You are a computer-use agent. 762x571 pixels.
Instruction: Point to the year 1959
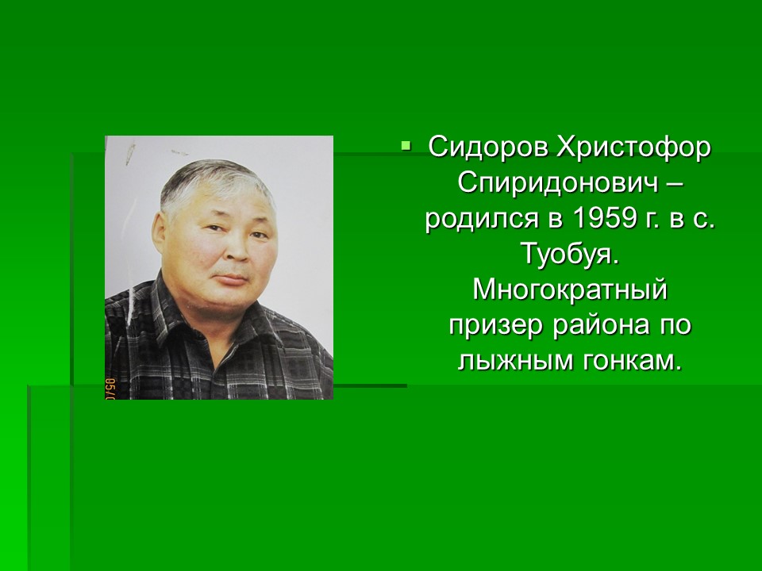click(x=605, y=219)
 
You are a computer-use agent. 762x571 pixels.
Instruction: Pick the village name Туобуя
click(x=571, y=255)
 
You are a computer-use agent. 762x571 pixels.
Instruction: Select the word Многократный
click(x=570, y=291)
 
